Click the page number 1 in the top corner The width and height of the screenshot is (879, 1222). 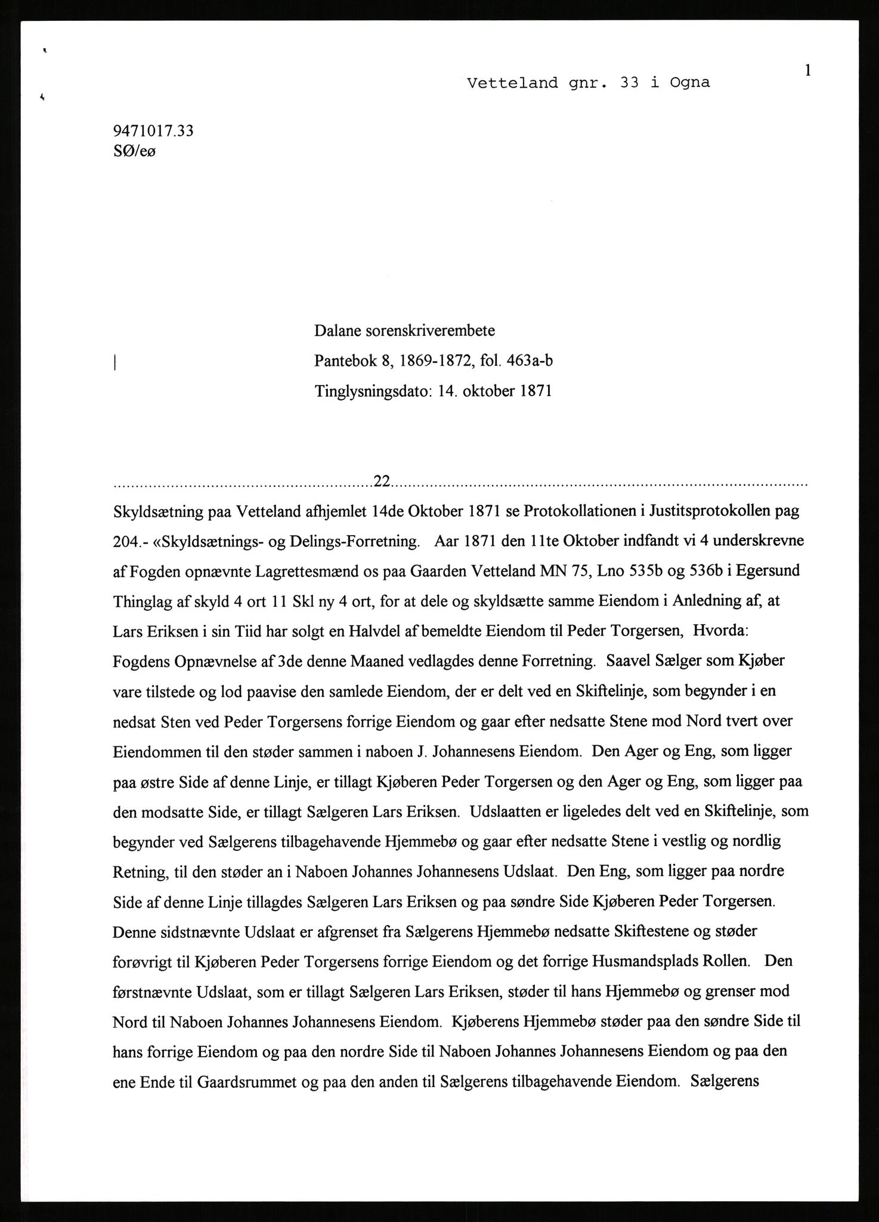tap(807, 70)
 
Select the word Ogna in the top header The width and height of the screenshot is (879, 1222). tap(689, 84)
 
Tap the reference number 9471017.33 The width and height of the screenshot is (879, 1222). tap(153, 131)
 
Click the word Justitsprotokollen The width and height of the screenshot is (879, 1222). tap(700, 511)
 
